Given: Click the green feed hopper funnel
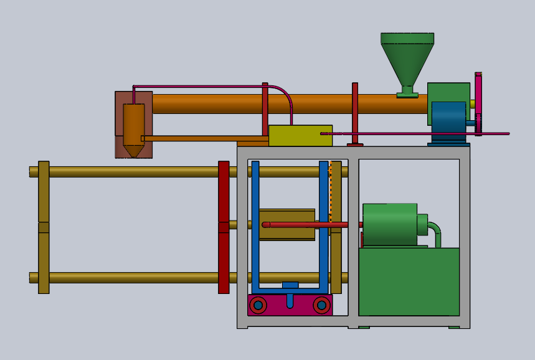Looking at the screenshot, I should coord(407,59).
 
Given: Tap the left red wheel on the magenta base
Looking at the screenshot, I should coord(258,305).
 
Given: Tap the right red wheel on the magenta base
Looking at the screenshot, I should coord(321,305).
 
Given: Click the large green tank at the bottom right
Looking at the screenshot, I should coord(409,281).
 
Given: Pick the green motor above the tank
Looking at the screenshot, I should coord(390,224).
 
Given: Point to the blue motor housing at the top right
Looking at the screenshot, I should coord(448,116).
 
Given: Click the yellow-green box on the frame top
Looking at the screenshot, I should coord(300,135).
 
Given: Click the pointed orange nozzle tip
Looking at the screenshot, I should coord(133,151).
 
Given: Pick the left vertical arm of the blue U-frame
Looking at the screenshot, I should coord(255,224).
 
